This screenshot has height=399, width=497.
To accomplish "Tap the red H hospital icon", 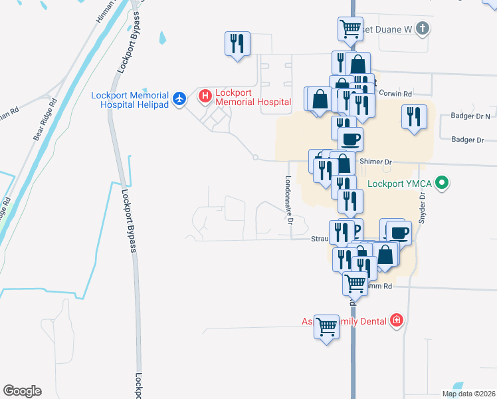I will pyautogui.click(x=205, y=97).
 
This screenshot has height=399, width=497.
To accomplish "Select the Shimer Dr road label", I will pyautogui.click(x=376, y=162).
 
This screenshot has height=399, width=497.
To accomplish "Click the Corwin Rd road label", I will pyautogui.click(x=397, y=94).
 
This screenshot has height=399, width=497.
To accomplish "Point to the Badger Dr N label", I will pyautogui.click(x=469, y=116).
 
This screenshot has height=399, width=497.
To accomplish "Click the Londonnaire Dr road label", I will pyautogui.click(x=288, y=199).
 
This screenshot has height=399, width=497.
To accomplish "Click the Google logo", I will pyautogui.click(x=22, y=391).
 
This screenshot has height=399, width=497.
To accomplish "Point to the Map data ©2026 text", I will pyautogui.click(x=468, y=394).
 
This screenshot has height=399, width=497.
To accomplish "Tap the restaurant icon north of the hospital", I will pyautogui.click(x=237, y=44).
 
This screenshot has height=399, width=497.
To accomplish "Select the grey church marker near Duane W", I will pyautogui.click(x=423, y=29).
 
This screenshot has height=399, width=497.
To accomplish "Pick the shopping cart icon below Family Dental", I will pyautogui.click(x=326, y=327).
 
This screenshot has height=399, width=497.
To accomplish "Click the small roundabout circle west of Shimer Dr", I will pyautogui.click(x=255, y=157).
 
